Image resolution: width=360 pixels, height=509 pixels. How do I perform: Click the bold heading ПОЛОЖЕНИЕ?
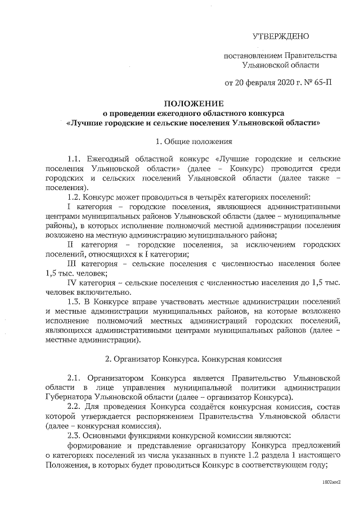pos(193,103)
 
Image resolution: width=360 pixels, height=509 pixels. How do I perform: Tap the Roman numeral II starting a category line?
pos(71,245)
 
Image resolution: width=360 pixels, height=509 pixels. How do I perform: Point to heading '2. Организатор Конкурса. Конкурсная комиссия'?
pos(193,358)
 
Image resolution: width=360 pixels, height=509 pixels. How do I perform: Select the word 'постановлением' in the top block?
pos(253,55)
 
